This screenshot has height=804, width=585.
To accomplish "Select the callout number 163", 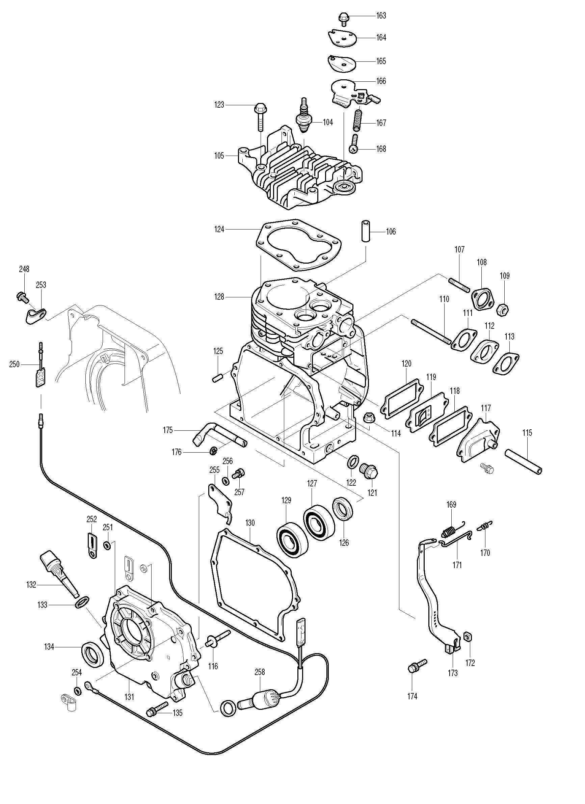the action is [x=381, y=16].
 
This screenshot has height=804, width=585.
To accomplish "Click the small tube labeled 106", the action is [x=366, y=231].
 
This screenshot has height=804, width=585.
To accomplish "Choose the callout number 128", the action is [x=219, y=297].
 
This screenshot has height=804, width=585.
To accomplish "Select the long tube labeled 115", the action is [x=523, y=461].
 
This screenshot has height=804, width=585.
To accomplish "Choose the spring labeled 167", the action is [x=358, y=120].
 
